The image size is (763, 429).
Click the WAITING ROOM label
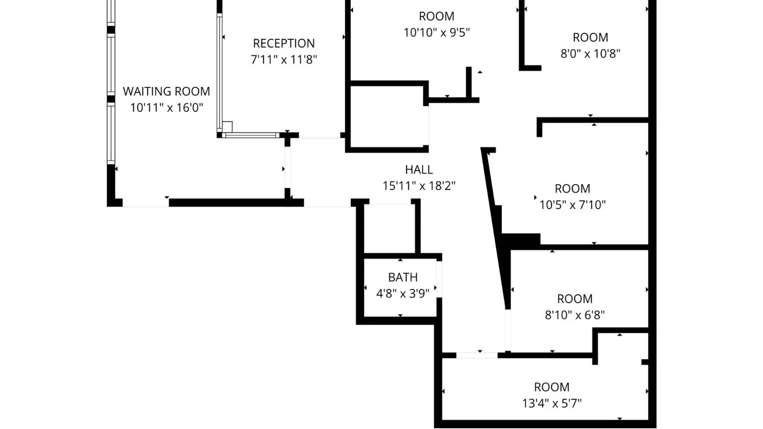166,91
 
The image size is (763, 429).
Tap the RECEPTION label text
284,43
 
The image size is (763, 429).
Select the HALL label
419,170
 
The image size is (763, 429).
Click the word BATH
403,277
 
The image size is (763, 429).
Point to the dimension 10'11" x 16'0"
167,108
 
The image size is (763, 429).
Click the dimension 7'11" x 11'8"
284,60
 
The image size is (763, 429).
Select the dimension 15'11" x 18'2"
419,186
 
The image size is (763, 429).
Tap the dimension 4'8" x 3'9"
403,294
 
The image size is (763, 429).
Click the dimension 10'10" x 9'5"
437,33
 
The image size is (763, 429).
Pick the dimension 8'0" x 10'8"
590,54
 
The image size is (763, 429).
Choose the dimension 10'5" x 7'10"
572,205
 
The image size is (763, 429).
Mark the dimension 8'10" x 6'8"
575,315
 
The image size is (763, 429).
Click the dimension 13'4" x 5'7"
552,404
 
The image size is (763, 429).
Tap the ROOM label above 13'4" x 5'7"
552,387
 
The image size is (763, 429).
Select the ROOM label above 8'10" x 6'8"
575,299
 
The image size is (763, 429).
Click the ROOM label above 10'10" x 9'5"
436,16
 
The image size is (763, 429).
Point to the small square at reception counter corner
227,127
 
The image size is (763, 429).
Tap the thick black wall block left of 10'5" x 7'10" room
521,239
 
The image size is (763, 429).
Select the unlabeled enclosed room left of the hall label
387,116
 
